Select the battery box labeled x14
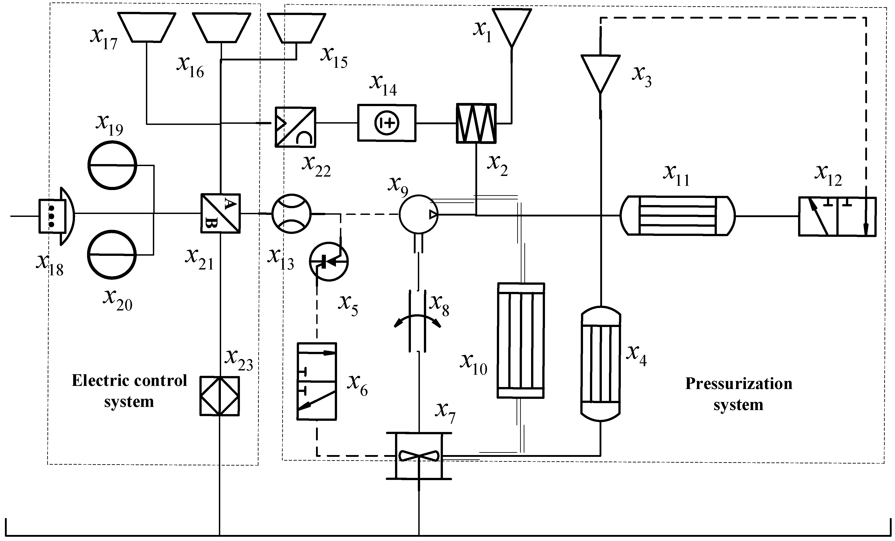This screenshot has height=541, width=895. click(387, 123)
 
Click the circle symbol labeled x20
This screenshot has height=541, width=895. click(112, 254)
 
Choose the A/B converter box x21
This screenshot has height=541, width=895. click(220, 213)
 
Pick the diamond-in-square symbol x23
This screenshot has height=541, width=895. click(220, 396)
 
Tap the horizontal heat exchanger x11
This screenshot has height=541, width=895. click(677, 216)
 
